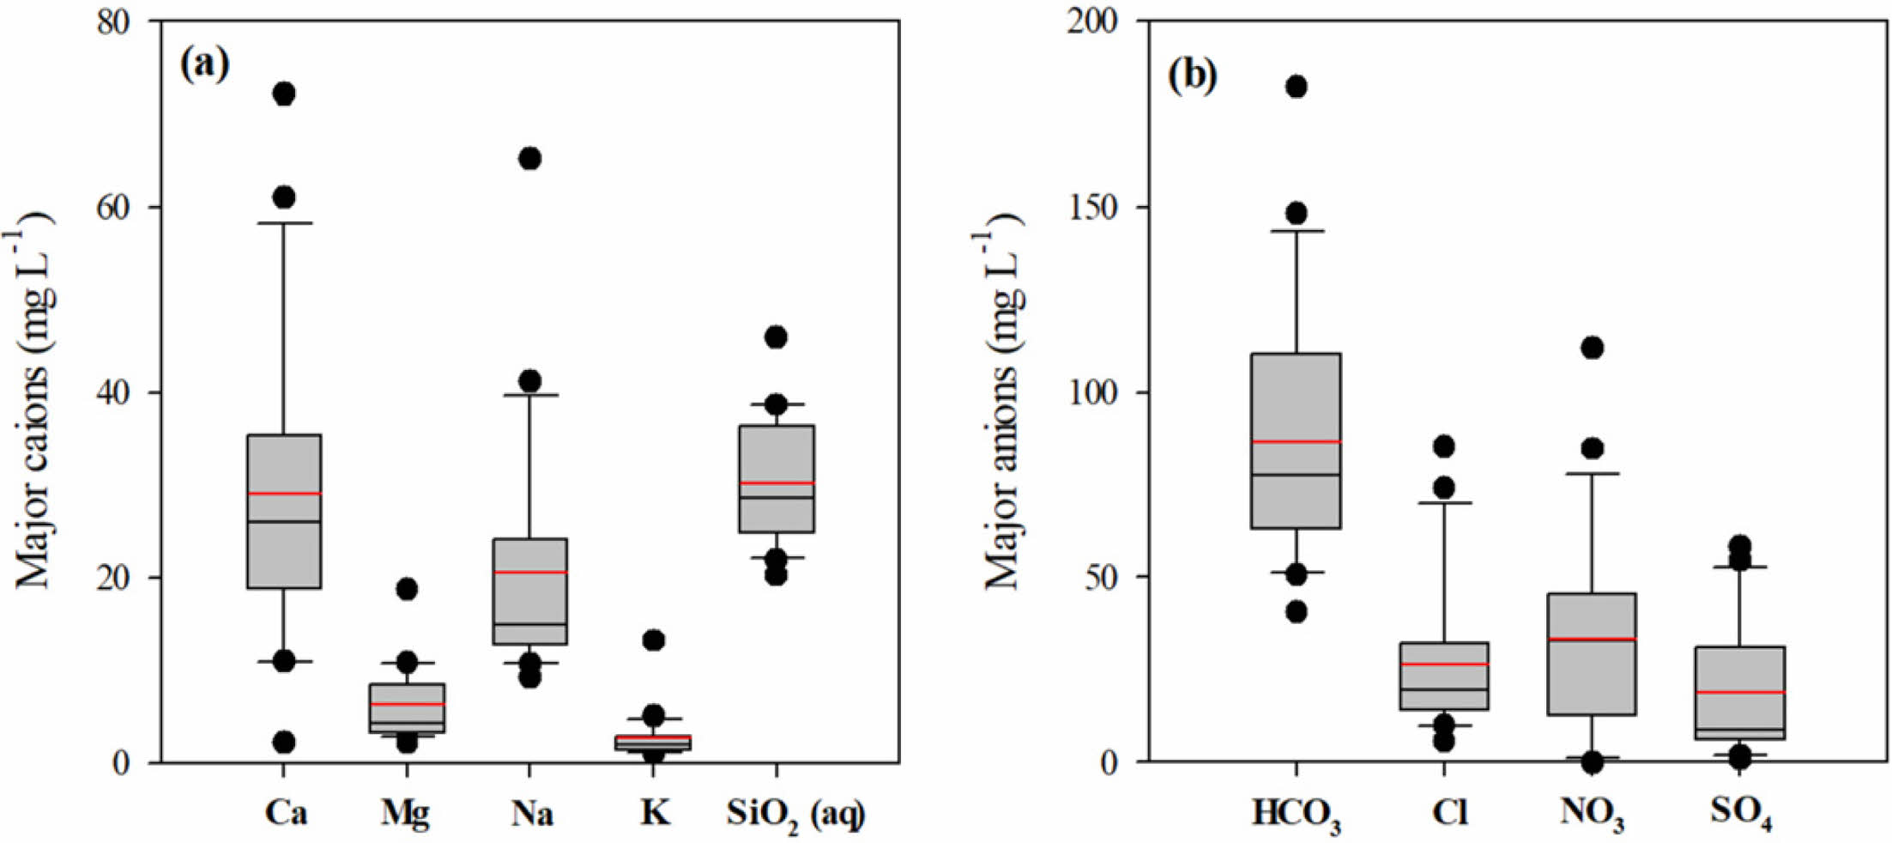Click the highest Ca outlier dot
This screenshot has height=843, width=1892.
point(284,94)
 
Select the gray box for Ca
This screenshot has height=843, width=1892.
point(284,549)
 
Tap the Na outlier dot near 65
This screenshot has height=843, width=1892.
point(530,158)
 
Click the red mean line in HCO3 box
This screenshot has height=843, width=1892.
point(1296,441)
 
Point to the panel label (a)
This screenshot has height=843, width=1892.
point(204,64)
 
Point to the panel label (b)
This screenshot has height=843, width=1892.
point(1192,76)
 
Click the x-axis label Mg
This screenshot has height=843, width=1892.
point(406,812)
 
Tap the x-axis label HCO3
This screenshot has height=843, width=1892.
point(1296,815)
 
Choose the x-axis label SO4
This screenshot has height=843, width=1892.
point(1740,813)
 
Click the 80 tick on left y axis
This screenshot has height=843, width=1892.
point(113,21)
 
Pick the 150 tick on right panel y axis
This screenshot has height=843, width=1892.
point(1091,207)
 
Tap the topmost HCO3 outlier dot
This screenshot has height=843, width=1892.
point(1296,87)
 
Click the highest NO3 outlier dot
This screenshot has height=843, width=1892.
point(1592,348)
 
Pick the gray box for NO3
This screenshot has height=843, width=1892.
point(1592,678)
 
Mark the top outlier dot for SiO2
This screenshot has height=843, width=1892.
point(776,337)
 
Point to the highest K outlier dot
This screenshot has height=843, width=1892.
point(654,640)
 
